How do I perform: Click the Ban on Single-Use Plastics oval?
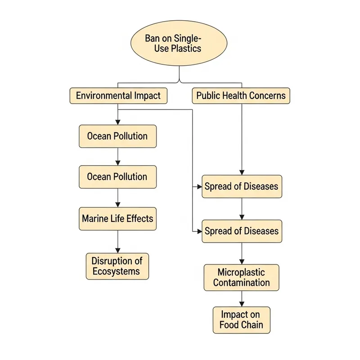click(x=179, y=44)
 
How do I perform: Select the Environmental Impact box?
click(x=118, y=96)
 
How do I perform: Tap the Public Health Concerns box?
click(x=241, y=96)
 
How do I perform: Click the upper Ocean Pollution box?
click(x=117, y=136)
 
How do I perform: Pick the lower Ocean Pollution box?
click(x=117, y=177)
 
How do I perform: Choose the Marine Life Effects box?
click(x=117, y=219)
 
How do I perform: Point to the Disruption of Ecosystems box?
click(x=117, y=266)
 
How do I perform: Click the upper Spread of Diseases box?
click(x=242, y=186)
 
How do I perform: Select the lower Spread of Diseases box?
click(x=242, y=231)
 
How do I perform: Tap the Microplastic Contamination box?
click(x=242, y=277)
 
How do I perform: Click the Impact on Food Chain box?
click(x=242, y=320)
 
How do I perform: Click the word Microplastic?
click(x=242, y=272)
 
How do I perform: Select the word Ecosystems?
click(x=117, y=271)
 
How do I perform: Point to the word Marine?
click(x=95, y=219)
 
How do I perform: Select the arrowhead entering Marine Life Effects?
click(x=118, y=204)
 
